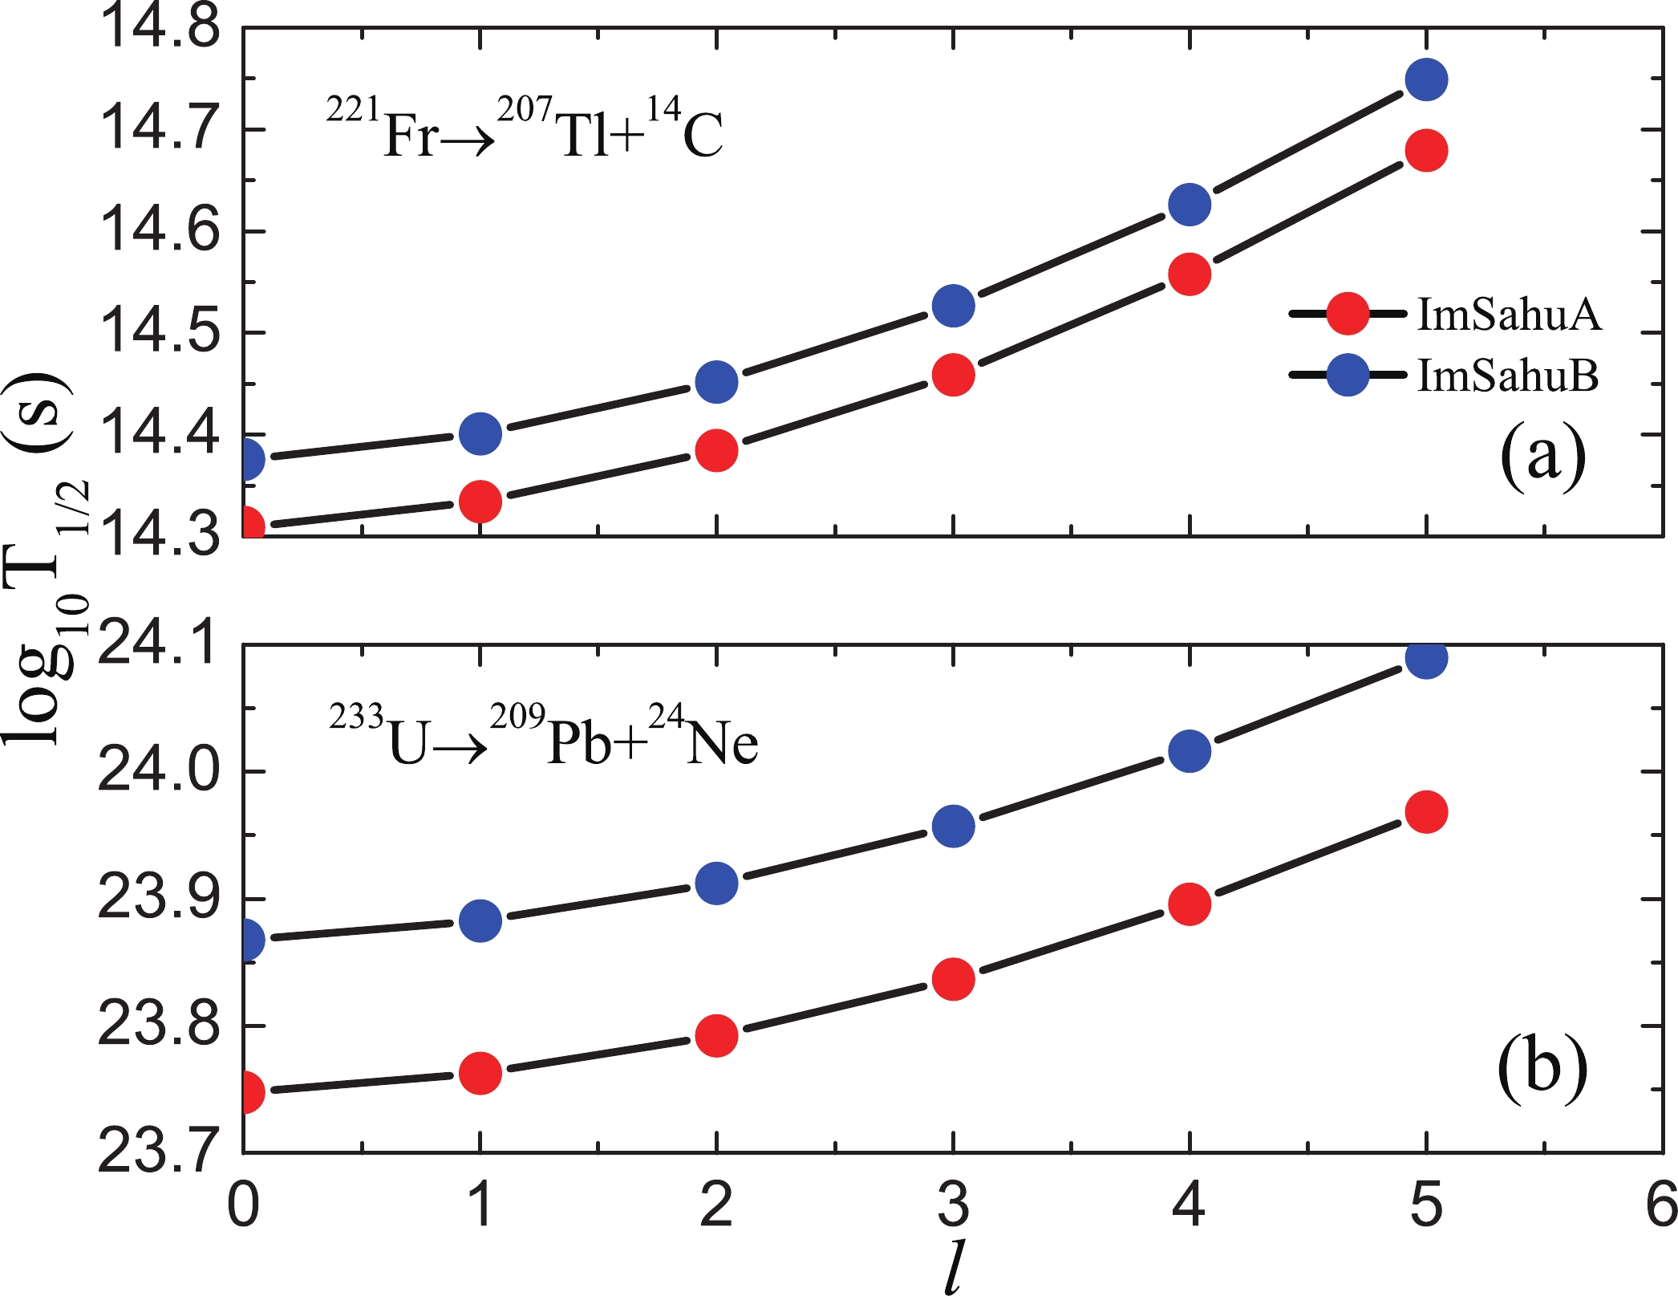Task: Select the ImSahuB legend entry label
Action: (x=1508, y=376)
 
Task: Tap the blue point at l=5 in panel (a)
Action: (x=1426, y=79)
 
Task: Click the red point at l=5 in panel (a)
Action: (x=1426, y=151)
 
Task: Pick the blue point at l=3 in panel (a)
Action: (x=953, y=305)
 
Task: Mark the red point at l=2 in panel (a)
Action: (x=716, y=450)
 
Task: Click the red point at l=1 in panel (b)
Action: (x=480, y=1074)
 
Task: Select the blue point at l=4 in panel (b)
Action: (x=1190, y=751)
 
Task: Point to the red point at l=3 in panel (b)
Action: (x=953, y=979)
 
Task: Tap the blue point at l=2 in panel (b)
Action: (x=716, y=884)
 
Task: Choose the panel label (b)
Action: (x=1542, y=1067)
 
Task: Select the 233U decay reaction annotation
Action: (x=543, y=737)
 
